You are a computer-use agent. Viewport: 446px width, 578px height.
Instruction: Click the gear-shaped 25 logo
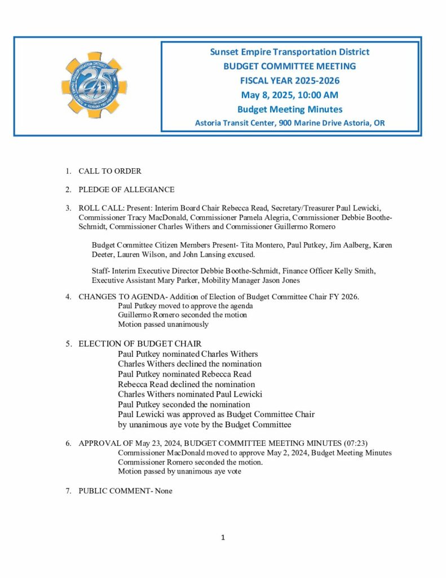pos(94,85)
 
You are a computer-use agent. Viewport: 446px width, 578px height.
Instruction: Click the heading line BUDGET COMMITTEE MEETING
pos(290,66)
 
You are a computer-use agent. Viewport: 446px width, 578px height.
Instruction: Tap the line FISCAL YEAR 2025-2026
pos(290,81)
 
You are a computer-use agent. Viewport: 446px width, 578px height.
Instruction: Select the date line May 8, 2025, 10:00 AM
pos(290,95)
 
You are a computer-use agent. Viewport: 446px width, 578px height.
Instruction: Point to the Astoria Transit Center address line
pos(290,123)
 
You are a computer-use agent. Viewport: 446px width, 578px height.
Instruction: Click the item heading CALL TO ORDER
pos(109,171)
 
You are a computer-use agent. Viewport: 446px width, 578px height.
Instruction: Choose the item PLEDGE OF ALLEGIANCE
pos(126,190)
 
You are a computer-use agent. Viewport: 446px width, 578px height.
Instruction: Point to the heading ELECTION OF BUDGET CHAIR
pos(140,344)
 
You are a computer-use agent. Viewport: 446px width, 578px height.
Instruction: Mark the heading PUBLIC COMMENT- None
pos(125,491)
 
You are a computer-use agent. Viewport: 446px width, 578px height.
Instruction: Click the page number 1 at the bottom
pos(223,537)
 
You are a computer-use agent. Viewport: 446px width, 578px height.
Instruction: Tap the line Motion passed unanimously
pos(163,325)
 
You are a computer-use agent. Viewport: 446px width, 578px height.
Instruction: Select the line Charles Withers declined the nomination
pos(189,364)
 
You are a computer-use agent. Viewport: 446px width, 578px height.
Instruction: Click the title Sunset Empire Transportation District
pos(290,52)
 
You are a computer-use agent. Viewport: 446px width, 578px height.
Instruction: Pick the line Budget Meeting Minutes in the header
pos(290,109)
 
